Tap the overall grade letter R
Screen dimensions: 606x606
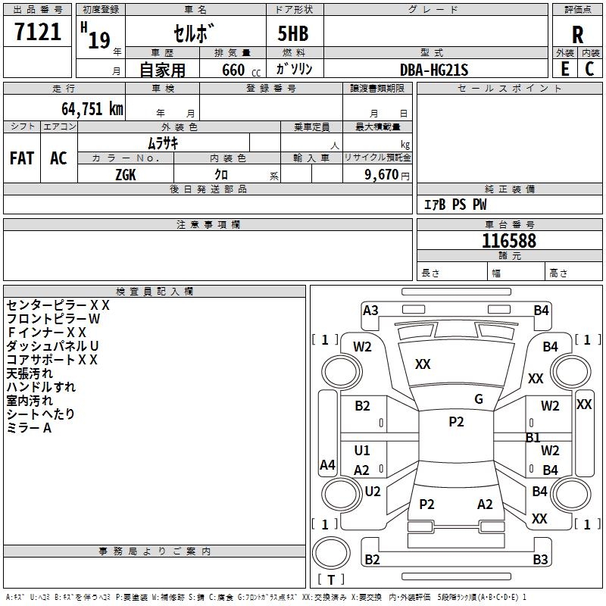[577, 34]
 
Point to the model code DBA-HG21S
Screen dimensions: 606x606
[434, 70]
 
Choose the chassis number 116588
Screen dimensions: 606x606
[509, 241]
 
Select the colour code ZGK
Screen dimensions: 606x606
[127, 175]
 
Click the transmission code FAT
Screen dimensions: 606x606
[22, 158]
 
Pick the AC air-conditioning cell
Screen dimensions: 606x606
[58, 158]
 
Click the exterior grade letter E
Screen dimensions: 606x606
[565, 69]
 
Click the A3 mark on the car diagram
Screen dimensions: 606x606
[370, 310]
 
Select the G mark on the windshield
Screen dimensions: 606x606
[479, 399]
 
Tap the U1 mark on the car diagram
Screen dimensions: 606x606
[362, 451]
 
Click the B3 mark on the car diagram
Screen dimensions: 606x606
[540, 560]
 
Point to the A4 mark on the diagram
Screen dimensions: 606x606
[327, 465]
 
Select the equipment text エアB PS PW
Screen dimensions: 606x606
[455, 205]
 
